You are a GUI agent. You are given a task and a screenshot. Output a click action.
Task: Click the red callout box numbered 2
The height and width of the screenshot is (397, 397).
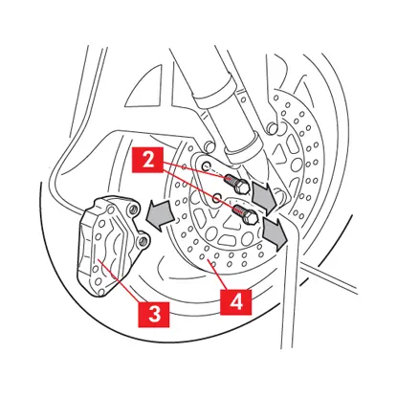tap(148, 161)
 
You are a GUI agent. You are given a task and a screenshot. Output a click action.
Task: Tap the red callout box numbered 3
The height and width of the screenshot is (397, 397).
tap(154, 315)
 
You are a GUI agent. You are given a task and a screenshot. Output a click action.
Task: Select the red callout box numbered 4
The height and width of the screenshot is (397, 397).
tap(236, 302)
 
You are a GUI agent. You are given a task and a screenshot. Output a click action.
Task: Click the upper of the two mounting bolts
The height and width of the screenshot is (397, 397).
tap(236, 184)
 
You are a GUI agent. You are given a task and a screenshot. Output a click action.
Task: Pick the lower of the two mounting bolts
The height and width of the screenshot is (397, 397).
tap(245, 214)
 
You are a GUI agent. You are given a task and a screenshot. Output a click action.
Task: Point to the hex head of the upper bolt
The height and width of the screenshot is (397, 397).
tap(243, 187)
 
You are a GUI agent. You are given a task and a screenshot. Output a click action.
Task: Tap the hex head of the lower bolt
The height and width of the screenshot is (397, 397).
tap(252, 218)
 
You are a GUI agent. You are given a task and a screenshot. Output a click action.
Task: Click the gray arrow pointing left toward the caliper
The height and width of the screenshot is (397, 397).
tap(160, 215)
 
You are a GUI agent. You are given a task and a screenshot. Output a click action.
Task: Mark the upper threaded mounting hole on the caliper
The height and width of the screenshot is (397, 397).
tap(133, 210)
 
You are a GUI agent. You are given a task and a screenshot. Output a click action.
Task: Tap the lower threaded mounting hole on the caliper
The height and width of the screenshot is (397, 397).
tap(143, 241)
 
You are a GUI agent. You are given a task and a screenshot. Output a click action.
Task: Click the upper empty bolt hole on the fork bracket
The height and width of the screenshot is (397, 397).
tap(207, 165)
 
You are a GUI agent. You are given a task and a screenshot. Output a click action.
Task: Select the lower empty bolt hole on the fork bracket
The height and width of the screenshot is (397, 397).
tap(217, 197)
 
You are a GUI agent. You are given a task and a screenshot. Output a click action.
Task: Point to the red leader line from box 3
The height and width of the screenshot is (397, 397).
tap(119, 280)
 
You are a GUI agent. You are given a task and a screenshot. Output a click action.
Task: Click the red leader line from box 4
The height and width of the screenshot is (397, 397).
tap(218, 275)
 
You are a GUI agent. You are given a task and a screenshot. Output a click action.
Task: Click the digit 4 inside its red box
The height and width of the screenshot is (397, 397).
tap(236, 302)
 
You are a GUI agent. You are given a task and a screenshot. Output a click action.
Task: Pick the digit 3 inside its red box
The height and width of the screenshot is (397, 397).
tap(154, 315)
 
